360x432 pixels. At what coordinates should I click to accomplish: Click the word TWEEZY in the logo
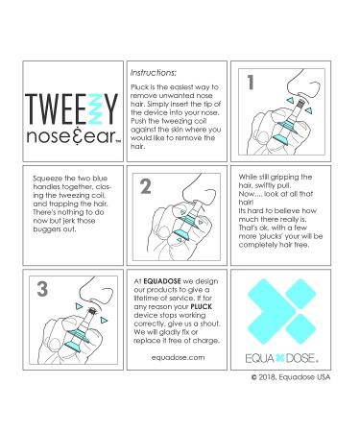(72, 108)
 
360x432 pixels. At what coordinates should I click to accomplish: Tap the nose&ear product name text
(73, 136)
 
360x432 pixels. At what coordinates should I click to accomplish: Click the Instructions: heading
(154, 73)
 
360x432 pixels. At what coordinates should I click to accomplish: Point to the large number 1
(251, 83)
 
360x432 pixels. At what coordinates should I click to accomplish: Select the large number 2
(146, 186)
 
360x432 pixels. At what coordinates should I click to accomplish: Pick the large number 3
(42, 289)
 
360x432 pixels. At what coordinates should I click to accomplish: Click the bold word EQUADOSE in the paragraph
(162, 281)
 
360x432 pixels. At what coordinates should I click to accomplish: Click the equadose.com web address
(178, 357)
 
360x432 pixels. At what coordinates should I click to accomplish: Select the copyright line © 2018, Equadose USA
(291, 377)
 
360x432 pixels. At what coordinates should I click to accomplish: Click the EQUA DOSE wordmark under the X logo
(282, 358)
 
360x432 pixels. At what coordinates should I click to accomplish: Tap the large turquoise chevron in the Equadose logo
(267, 311)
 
